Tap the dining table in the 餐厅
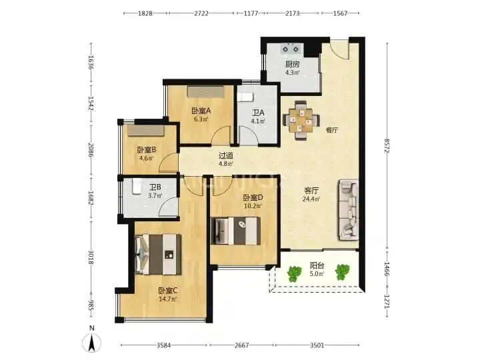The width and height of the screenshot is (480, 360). click(301, 120)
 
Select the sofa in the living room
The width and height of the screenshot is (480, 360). click(349, 210)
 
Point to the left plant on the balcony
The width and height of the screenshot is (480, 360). click(294, 274)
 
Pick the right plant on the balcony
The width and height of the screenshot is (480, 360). click(342, 272)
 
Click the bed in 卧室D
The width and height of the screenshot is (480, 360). click(235, 231)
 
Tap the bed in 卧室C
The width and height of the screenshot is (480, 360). click(158, 255)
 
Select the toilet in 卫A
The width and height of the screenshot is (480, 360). click(245, 97)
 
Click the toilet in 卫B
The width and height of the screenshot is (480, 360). click(137, 187)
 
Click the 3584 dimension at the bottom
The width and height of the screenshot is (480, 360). click(164, 345)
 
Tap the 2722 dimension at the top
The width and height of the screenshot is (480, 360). click(201, 13)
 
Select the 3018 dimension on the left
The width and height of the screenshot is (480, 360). click(91, 257)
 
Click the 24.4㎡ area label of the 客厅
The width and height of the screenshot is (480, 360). click(311, 199)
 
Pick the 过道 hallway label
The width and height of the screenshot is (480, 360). click(226, 155)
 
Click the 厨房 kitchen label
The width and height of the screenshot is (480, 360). click(292, 64)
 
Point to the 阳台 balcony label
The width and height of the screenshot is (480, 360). click(317, 265)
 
